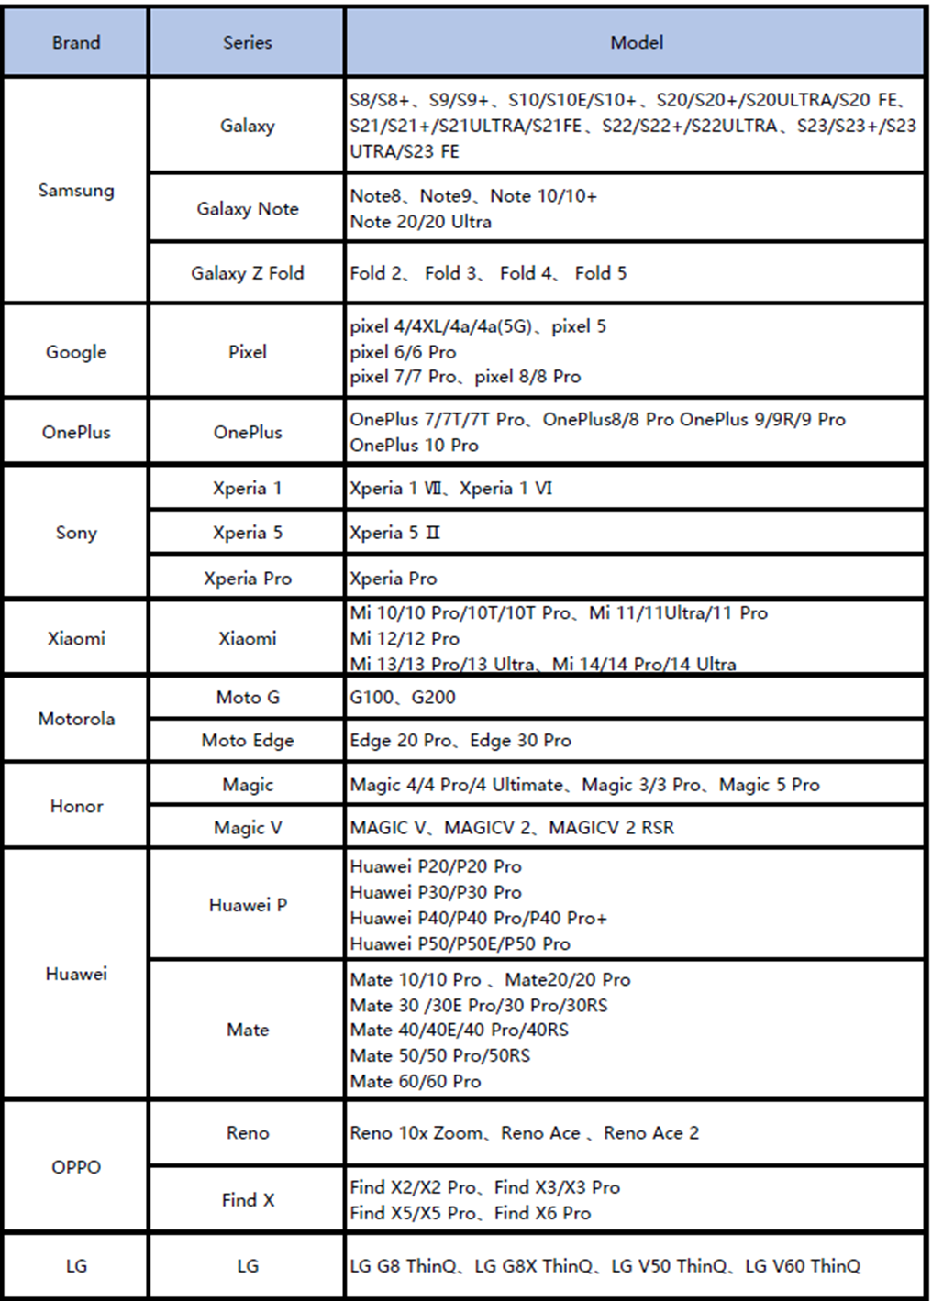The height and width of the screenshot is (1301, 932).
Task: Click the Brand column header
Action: click(x=76, y=42)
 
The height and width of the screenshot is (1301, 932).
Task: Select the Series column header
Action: click(x=247, y=42)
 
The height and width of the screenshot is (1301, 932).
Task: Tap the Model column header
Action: click(x=637, y=42)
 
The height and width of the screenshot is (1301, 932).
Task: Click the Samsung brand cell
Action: click(x=76, y=191)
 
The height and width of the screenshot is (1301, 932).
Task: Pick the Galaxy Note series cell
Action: click(x=247, y=209)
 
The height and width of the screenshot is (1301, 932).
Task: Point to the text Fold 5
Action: click(x=601, y=273)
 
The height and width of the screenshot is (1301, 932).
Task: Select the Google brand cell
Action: click(x=76, y=352)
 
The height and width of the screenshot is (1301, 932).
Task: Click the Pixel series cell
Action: click(x=247, y=352)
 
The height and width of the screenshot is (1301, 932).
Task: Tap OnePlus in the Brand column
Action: click(x=76, y=432)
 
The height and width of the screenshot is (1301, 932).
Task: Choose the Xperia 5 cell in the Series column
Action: click(x=247, y=533)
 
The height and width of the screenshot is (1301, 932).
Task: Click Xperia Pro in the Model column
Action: click(x=394, y=579)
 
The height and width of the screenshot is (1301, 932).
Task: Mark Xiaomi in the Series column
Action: click(x=247, y=638)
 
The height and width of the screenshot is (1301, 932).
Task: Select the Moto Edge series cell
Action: click(x=247, y=741)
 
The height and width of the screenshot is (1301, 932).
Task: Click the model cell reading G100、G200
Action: click(x=403, y=698)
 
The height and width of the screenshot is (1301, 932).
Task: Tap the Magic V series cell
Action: click(x=247, y=828)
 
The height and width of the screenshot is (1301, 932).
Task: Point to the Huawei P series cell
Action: click(x=247, y=905)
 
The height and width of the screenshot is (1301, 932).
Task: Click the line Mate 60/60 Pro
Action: click(x=416, y=1082)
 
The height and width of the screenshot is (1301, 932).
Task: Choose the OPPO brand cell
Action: click(x=76, y=1167)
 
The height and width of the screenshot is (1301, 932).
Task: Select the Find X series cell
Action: click(x=247, y=1200)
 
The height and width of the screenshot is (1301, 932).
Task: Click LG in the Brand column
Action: click(x=76, y=1266)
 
